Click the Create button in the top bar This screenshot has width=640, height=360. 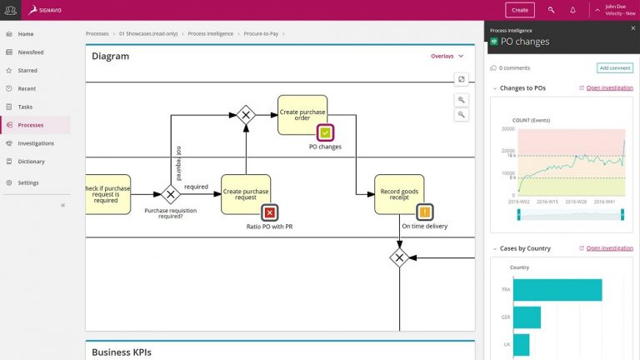tap(520, 10)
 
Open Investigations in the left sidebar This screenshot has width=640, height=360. tap(36, 143)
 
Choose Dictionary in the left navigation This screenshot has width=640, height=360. tap(32, 162)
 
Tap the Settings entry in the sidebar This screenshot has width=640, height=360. tap(28, 182)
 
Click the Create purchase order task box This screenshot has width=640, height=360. tap(302, 114)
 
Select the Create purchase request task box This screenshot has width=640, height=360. tap(245, 193)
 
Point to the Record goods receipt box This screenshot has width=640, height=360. tap(399, 193)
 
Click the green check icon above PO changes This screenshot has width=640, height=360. tap(325, 132)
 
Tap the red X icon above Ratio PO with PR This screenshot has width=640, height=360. tap(268, 212)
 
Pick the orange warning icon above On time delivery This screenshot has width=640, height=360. tap(424, 212)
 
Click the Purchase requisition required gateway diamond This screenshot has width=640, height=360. tap(171, 194)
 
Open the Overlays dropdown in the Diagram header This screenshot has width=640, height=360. tap(447, 57)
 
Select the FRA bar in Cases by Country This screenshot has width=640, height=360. tap(557, 289)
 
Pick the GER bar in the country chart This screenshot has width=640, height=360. tap(527, 317)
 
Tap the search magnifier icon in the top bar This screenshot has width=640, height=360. tap(551, 10)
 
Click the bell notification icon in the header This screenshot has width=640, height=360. tap(572, 10)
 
